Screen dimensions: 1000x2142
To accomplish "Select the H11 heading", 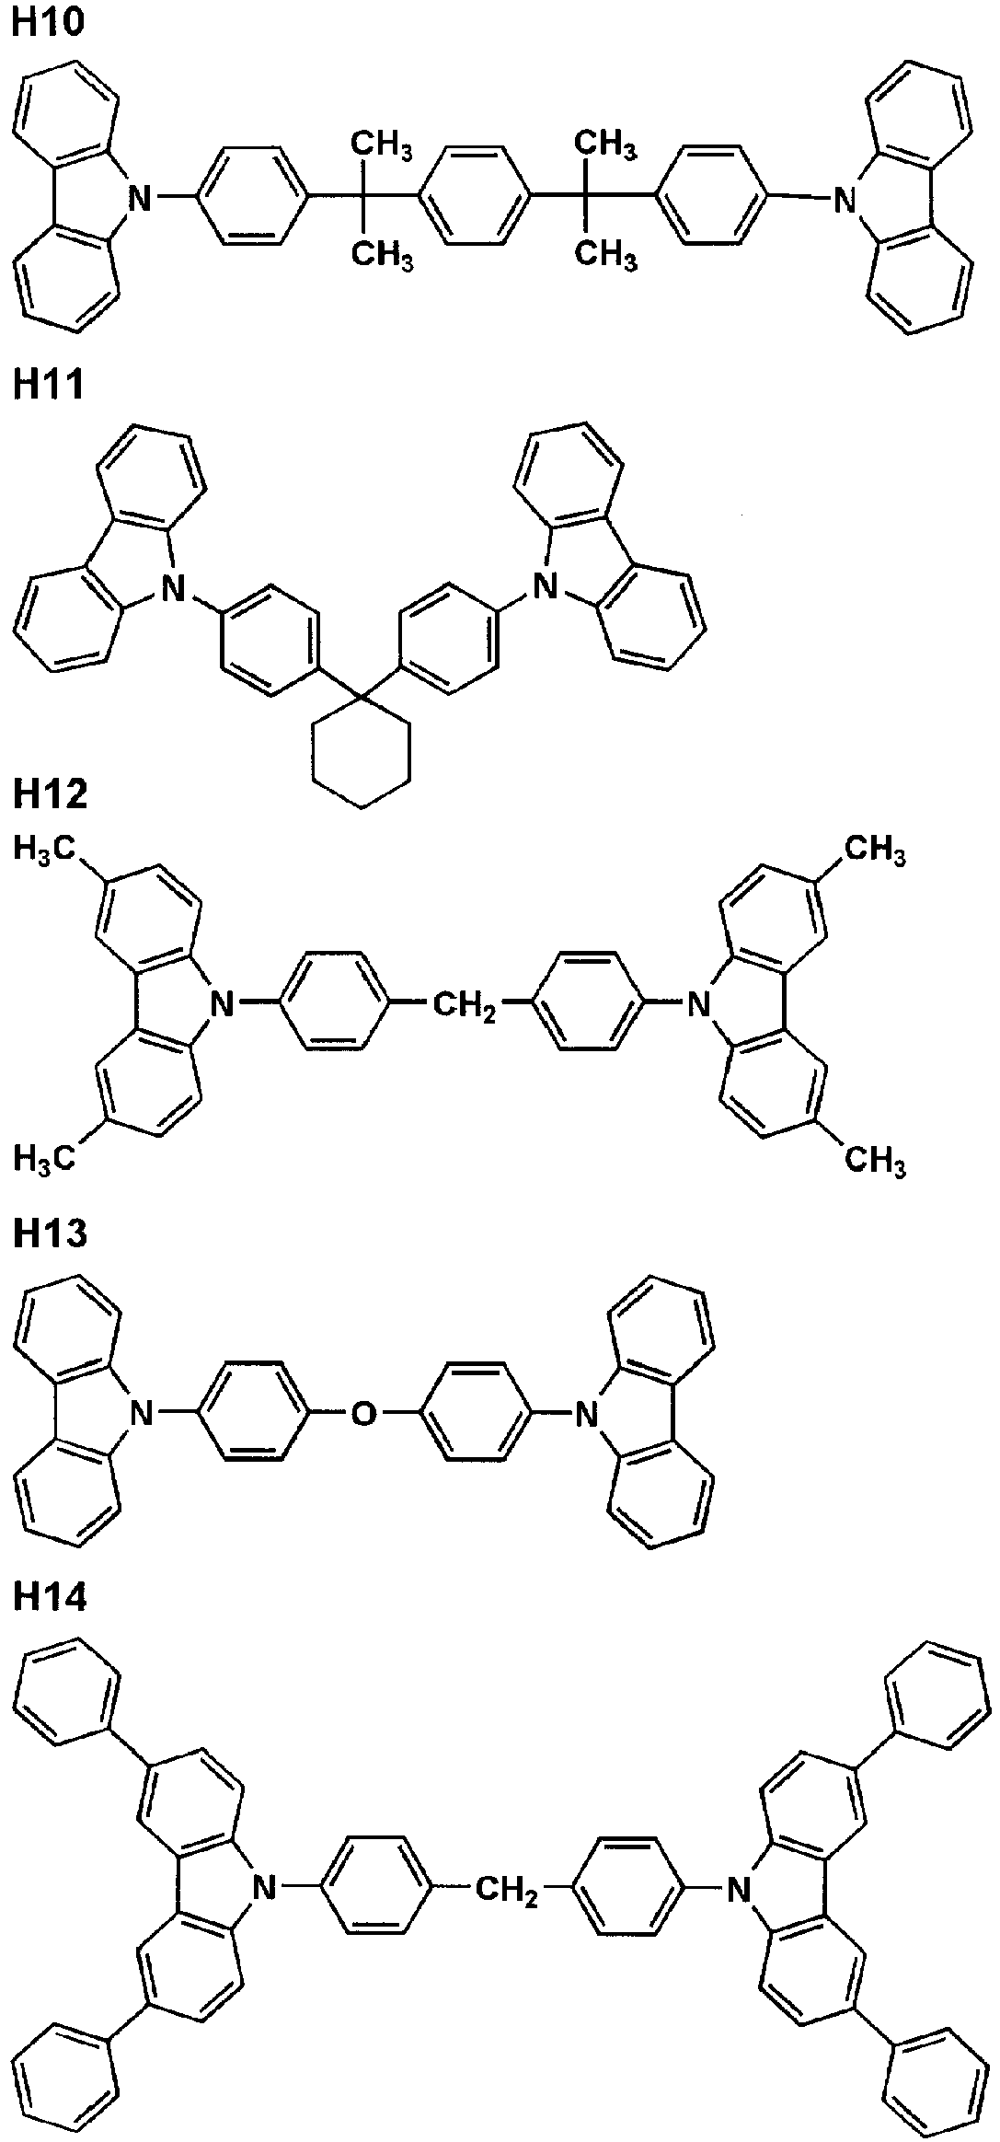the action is tap(47, 383).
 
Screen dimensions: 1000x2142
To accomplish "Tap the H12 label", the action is tap(50, 793).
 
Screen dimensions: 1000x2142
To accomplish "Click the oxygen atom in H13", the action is tap(364, 1413).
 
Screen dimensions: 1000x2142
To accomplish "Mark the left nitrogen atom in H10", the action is tap(139, 196).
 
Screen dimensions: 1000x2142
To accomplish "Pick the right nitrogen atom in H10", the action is tap(845, 196).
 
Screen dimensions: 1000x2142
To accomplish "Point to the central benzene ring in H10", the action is tap(475, 196).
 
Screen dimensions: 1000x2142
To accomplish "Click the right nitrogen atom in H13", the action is tap(584, 1413).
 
